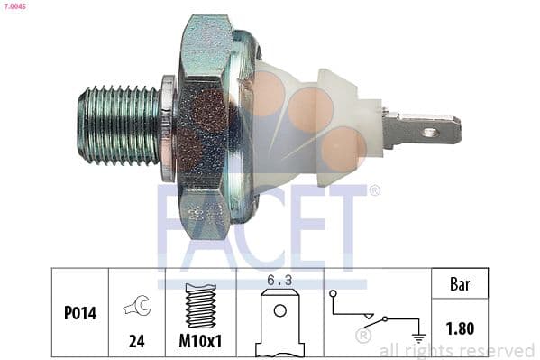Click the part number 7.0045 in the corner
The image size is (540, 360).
point(16,6)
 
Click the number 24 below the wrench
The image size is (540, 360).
point(137,344)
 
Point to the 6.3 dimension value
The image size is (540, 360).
point(280,282)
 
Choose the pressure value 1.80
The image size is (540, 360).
point(460,328)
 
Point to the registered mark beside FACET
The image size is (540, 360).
point(375,190)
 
